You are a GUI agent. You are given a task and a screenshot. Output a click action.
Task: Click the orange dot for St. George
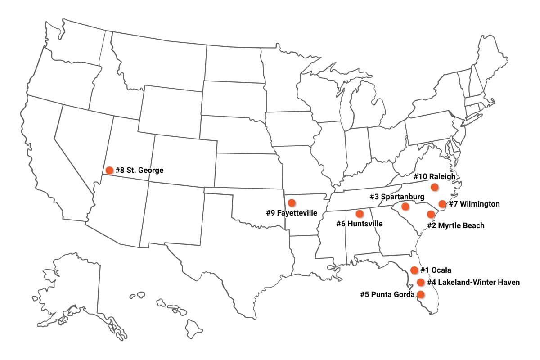coord(109,170)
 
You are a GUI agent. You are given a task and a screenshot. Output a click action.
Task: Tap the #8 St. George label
coord(139,170)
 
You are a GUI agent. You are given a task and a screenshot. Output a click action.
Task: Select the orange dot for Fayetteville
coord(292,202)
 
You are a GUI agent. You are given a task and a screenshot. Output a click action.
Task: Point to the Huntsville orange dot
coord(360,213)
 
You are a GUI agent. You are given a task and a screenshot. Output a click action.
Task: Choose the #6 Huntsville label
coord(360,224)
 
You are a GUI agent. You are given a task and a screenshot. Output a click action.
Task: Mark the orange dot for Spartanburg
coord(405,207)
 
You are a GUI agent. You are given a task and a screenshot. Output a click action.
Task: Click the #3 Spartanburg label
coord(397,197)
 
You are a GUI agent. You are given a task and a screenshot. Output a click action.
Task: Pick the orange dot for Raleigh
coord(434,187)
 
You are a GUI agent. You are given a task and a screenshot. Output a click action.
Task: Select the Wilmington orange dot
coord(442,204)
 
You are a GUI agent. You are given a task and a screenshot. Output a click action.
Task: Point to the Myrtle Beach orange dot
coord(431,214)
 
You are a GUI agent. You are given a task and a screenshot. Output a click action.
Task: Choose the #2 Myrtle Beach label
coord(455,225)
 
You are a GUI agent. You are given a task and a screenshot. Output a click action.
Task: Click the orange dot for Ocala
coord(414,270)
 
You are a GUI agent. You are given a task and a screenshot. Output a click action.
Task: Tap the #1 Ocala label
coord(436,270)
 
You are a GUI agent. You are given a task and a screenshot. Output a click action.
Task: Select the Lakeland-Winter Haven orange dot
coord(420,282)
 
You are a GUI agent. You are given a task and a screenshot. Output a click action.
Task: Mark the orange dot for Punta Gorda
coord(420,294)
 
